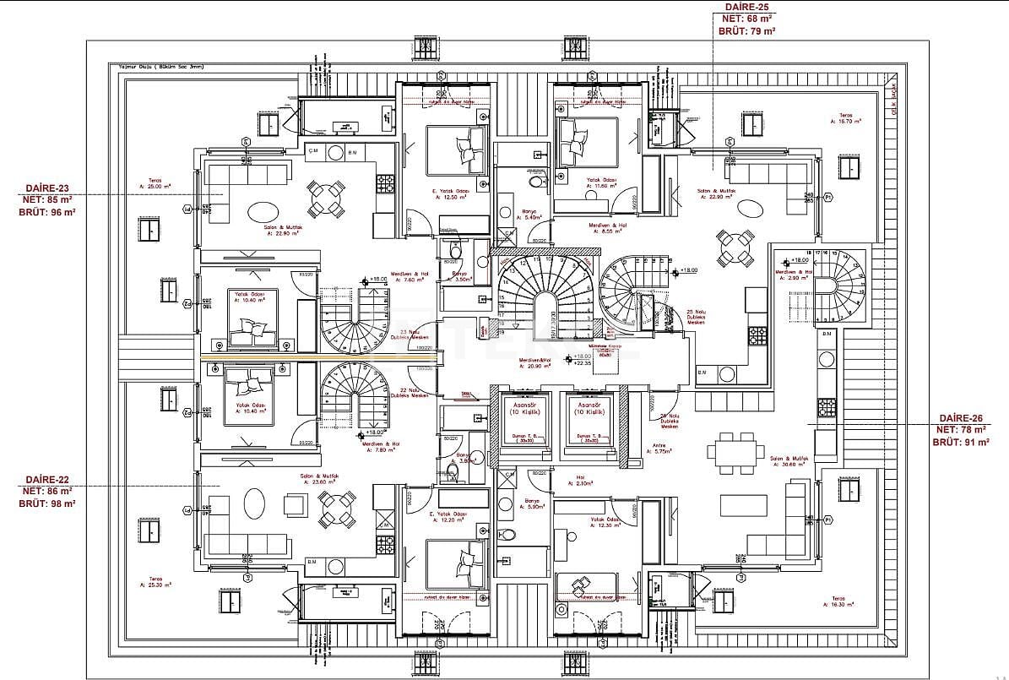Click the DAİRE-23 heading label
pyautogui.click(x=47, y=188)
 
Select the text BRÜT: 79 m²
pyautogui.click(x=746, y=30)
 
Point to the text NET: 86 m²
pyautogui.click(x=47, y=490)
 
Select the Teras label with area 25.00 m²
pyautogui.click(x=155, y=182)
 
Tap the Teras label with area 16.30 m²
pyautogui.click(x=838, y=601)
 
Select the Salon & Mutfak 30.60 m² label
pyautogui.click(x=790, y=462)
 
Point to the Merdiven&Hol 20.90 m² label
pyautogui.click(x=534, y=363)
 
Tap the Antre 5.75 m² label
pyautogui.click(x=661, y=449)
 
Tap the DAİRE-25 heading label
pyautogui.click(x=746, y=6)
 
